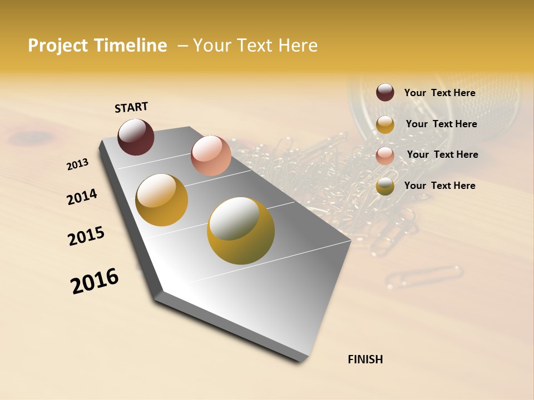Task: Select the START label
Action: click(x=131, y=107)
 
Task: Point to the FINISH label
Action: click(x=365, y=359)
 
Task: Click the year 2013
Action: click(x=77, y=164)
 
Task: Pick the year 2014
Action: click(x=82, y=197)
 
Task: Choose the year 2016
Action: click(x=95, y=281)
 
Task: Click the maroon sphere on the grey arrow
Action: click(x=136, y=137)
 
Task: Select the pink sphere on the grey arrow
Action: click(x=211, y=155)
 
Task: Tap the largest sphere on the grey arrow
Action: click(x=241, y=230)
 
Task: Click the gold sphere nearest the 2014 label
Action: click(x=162, y=200)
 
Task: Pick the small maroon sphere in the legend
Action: click(x=385, y=92)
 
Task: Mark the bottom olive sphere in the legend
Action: click(x=385, y=186)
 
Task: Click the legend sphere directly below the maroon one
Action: click(x=385, y=124)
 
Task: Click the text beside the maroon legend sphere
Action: click(x=439, y=93)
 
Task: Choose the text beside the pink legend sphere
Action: click(x=442, y=154)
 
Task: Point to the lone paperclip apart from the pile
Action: click(x=426, y=276)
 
